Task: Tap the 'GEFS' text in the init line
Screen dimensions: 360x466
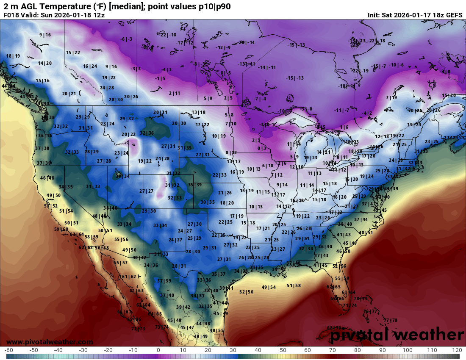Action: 454,15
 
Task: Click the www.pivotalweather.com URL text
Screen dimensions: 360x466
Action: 50,342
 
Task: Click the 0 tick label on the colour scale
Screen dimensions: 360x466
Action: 158,350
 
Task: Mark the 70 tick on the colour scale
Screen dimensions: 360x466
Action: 333,350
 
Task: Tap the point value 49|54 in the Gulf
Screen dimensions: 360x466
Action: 269,288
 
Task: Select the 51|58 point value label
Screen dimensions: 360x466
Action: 294,285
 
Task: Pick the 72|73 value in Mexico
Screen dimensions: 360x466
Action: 138,329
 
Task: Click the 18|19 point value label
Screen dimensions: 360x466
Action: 13,56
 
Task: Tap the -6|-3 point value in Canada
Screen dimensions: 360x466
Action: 126,39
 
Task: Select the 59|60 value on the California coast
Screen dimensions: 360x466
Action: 61,229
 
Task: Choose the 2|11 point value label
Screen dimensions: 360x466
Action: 174,93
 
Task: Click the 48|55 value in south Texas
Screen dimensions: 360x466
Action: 216,330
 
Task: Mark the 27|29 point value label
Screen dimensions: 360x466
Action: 451,138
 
